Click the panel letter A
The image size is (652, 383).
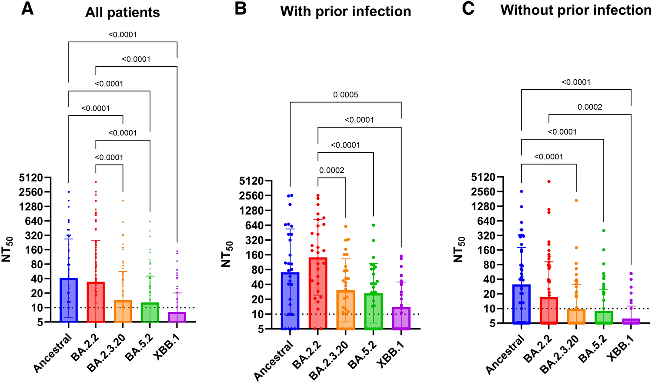(x=27, y=9)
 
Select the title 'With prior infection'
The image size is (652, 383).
(x=345, y=11)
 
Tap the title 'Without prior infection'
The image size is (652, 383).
(x=576, y=10)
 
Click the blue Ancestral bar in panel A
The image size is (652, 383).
(x=68, y=300)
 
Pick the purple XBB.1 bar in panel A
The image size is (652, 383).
(x=177, y=317)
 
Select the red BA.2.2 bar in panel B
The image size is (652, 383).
(x=318, y=293)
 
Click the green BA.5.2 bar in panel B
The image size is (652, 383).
(x=373, y=311)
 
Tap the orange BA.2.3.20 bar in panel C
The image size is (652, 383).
(x=576, y=316)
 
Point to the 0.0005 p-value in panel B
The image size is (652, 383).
(x=345, y=94)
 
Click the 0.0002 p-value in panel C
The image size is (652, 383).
(x=589, y=107)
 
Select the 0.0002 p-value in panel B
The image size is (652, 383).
(x=331, y=170)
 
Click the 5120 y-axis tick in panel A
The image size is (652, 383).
(x=31, y=178)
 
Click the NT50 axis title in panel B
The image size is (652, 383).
(x=227, y=254)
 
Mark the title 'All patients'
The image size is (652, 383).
(x=122, y=12)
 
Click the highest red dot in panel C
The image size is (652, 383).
(x=549, y=181)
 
